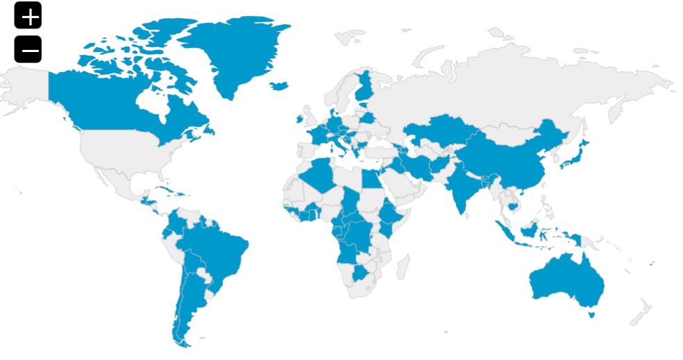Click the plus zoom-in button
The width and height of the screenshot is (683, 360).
coord(28,15)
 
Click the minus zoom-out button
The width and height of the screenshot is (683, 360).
coord(28,49)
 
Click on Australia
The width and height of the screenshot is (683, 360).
coord(566,281)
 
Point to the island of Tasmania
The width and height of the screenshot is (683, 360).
coord(591,314)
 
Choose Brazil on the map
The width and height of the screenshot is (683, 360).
coord(219,253)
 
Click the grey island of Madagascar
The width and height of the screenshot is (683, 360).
coord(402,266)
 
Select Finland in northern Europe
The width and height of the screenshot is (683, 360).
coord(364,87)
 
